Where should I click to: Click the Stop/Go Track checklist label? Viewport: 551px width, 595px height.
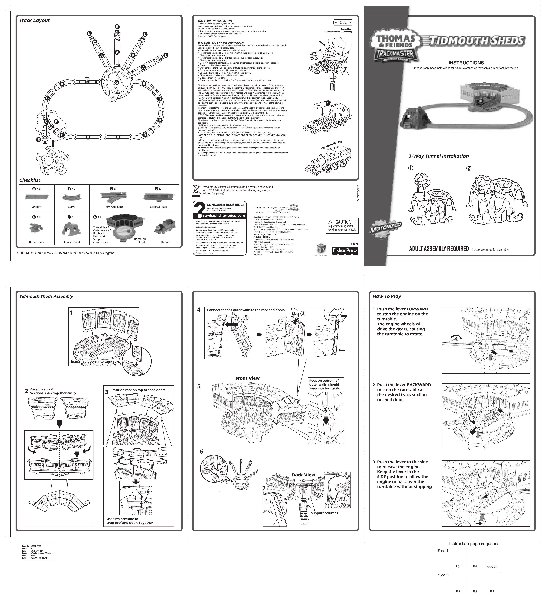[x=159, y=207]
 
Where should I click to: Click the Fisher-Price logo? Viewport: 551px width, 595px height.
[x=345, y=251]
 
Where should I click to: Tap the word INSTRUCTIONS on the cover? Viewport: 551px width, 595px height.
[x=466, y=63]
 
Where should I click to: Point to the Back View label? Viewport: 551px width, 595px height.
[x=303, y=475]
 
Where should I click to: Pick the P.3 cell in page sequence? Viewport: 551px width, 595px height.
[x=475, y=591]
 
